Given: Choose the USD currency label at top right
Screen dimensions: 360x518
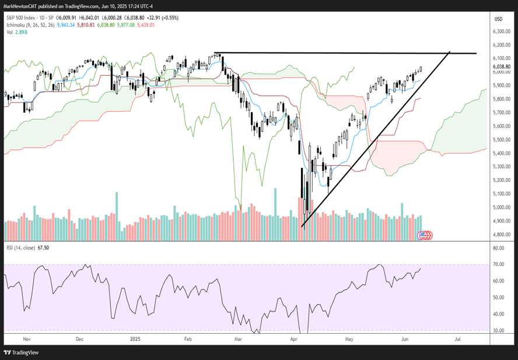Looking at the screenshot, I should point(498,19).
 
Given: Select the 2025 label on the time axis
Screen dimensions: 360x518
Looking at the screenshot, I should point(135,338).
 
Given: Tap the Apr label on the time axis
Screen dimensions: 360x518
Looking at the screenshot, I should point(295,338).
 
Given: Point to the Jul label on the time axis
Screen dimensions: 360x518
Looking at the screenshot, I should point(458,338).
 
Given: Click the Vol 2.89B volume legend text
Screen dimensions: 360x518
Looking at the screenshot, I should point(15,33).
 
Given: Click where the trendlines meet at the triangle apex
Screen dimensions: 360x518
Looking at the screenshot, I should point(450,53).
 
